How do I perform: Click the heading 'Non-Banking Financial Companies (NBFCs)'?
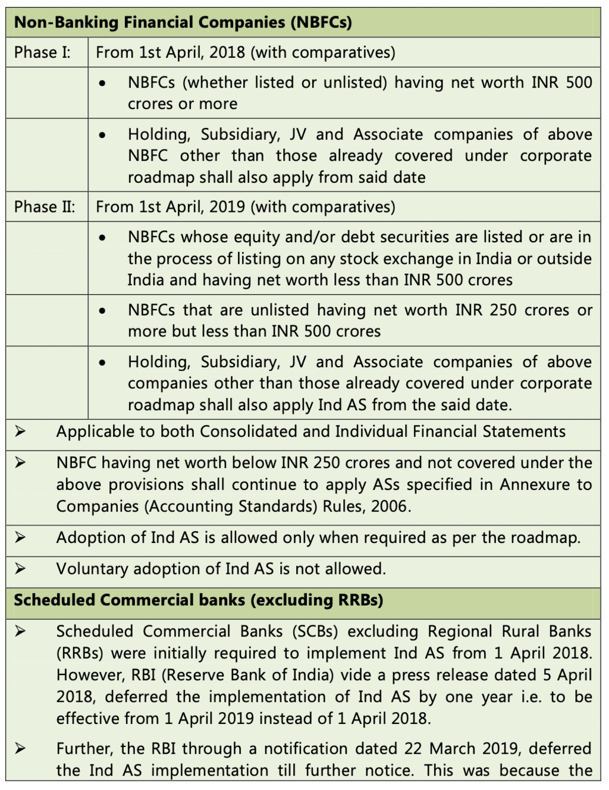tap(183, 23)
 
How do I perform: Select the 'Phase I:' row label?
tap(42, 52)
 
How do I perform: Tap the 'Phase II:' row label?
tap(45, 207)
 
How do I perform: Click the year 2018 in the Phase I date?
tap(227, 52)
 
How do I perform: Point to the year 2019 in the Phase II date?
tap(227, 207)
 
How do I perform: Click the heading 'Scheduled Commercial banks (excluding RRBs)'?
tap(198, 600)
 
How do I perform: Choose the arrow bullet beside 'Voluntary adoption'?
tap(20, 569)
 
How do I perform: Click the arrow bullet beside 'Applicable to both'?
tap(20, 431)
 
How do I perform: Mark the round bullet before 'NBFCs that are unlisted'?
tap(103, 310)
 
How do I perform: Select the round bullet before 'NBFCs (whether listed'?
tap(103, 83)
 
